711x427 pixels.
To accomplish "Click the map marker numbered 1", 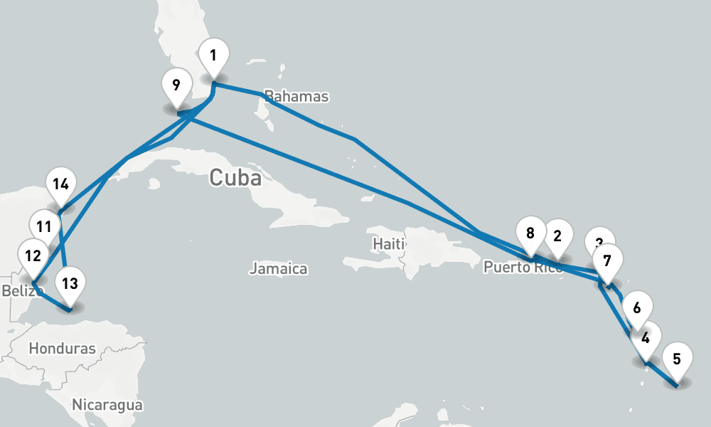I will [x=214, y=56].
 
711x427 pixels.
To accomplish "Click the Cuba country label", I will [x=235, y=177].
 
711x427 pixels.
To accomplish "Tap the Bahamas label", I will [x=296, y=97].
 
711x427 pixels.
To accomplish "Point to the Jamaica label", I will [x=278, y=269].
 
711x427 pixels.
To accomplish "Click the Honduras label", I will [x=63, y=349].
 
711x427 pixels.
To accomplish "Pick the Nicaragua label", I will [x=107, y=405].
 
